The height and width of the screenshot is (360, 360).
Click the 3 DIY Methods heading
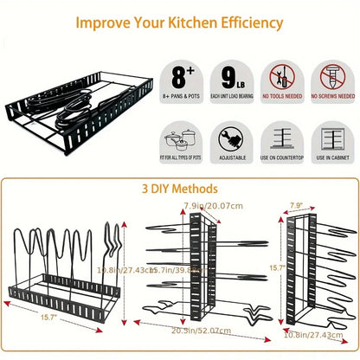(179, 188)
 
